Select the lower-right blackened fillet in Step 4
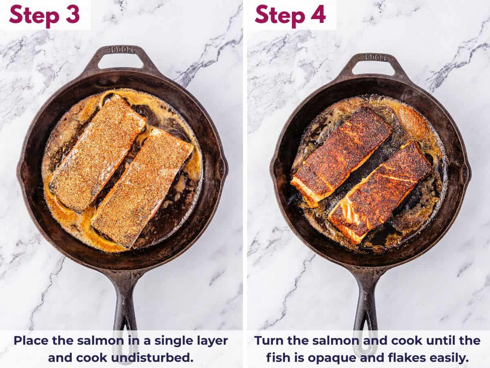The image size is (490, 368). [381, 191]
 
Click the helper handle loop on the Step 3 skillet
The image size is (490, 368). [121, 58]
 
